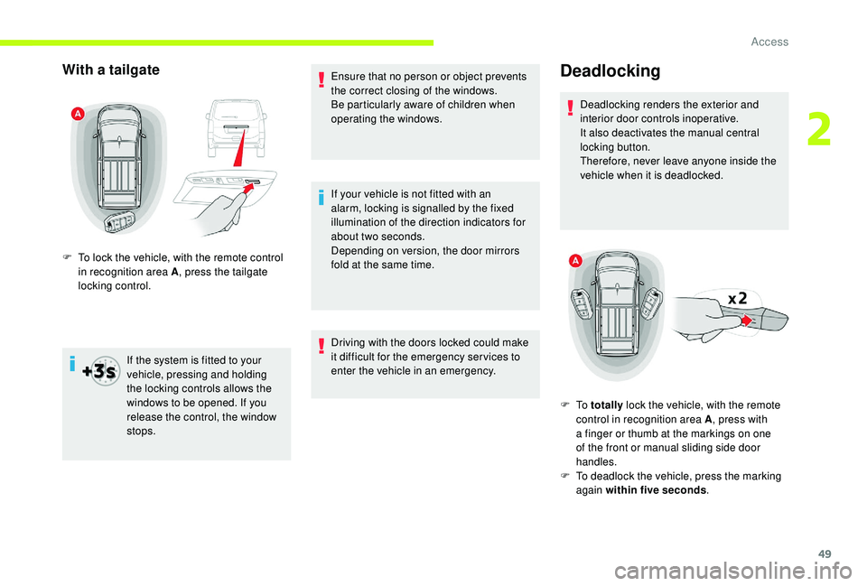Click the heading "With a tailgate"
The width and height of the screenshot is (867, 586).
coord(111,70)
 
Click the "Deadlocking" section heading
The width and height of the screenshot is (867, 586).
coord(610,71)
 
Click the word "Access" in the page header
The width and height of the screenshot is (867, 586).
coord(769,42)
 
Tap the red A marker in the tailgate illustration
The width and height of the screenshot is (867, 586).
coord(79,113)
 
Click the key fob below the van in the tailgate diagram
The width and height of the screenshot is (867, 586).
coord(122,220)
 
